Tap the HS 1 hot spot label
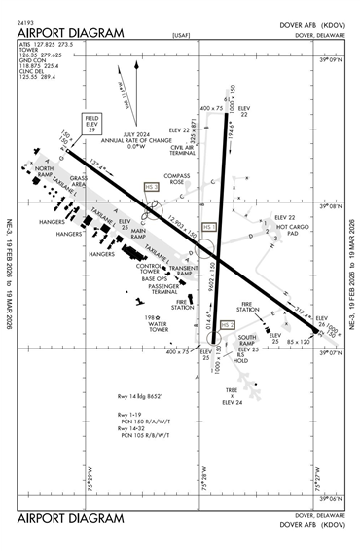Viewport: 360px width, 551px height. (206, 228)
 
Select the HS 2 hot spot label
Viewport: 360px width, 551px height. (227, 324)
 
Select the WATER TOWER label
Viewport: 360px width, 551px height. (158, 326)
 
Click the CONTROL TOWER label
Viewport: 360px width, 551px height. (150, 269)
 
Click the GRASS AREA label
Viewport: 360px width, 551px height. (79, 181)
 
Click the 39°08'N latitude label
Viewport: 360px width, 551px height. (333, 207)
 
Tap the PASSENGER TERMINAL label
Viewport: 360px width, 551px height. (163, 289)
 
